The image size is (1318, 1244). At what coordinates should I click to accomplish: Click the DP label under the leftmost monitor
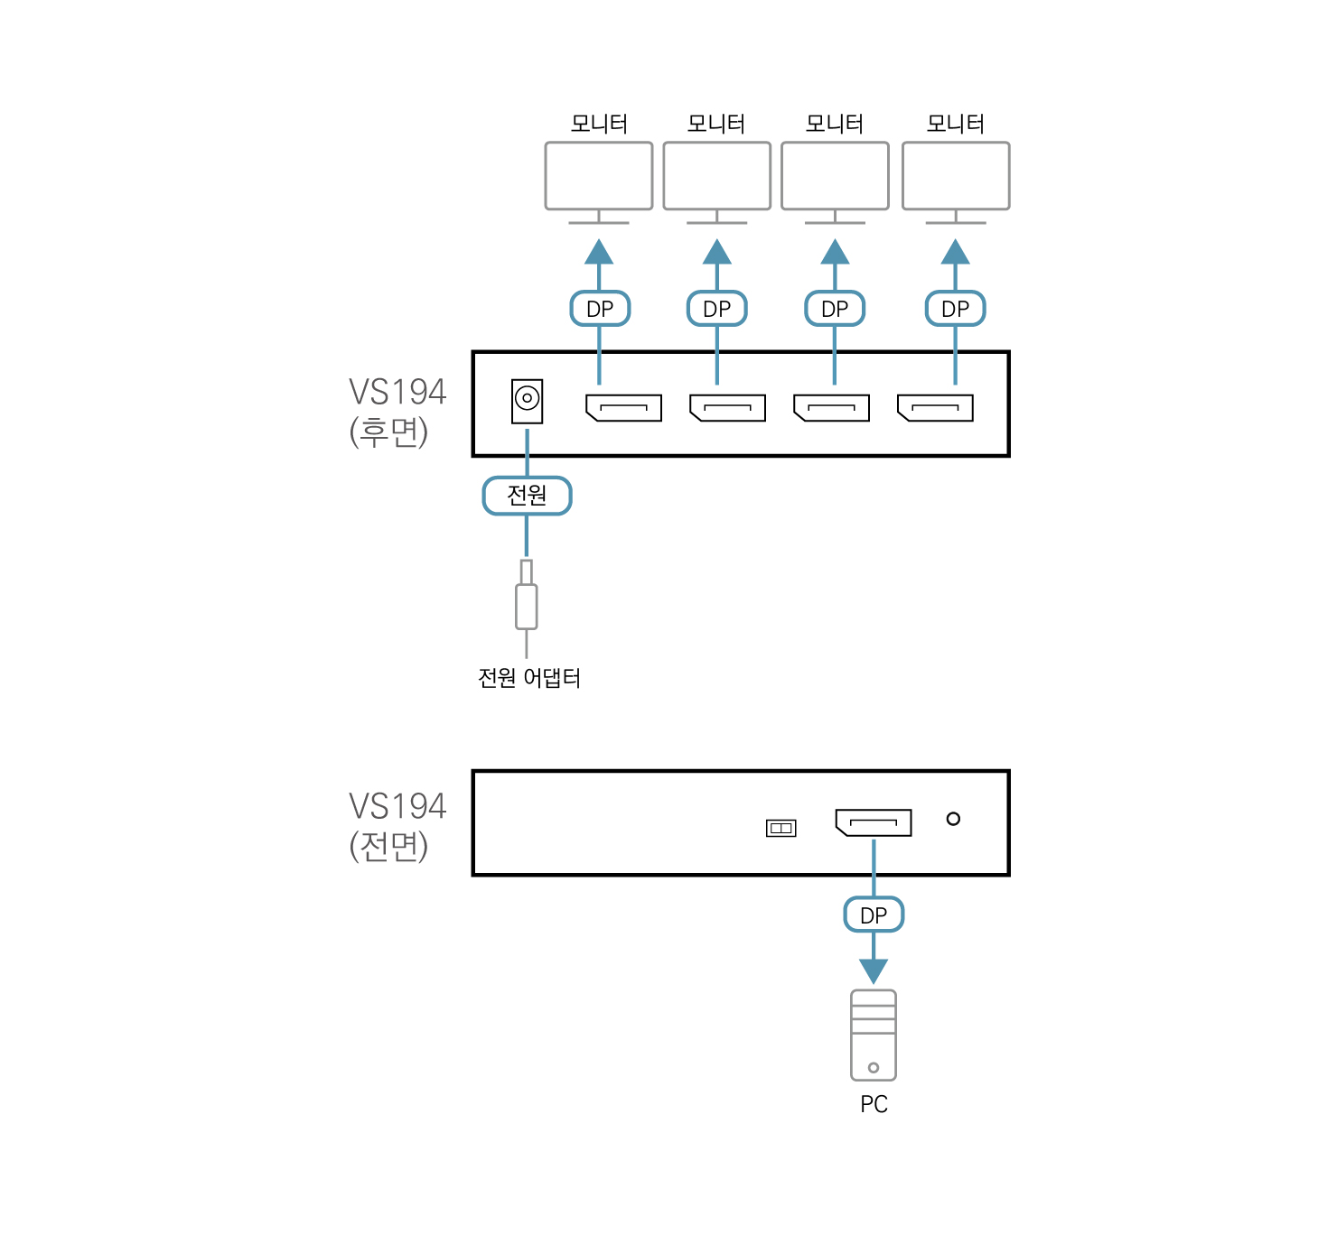(600, 309)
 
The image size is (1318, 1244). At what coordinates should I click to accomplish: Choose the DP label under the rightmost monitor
(955, 309)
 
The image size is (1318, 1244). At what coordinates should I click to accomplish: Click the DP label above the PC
(874, 915)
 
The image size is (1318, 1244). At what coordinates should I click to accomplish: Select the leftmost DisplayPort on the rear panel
(623, 408)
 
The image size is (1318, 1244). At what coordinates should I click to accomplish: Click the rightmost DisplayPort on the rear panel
(935, 408)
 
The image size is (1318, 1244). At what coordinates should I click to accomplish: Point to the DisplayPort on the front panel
(874, 822)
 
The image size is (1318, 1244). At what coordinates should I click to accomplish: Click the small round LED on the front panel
(953, 819)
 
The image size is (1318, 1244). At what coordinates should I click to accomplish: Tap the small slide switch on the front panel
(781, 828)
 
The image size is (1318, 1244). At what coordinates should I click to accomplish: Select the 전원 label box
(527, 496)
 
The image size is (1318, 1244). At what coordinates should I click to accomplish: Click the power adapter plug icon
(527, 599)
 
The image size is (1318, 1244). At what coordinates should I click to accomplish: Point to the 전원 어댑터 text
(529, 678)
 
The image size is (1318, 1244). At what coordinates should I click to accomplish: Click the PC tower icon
(874, 1035)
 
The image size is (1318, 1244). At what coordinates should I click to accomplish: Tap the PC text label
(874, 1104)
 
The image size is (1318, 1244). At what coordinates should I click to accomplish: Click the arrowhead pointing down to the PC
(874, 970)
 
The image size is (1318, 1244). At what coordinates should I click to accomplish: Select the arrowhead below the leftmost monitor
(599, 252)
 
